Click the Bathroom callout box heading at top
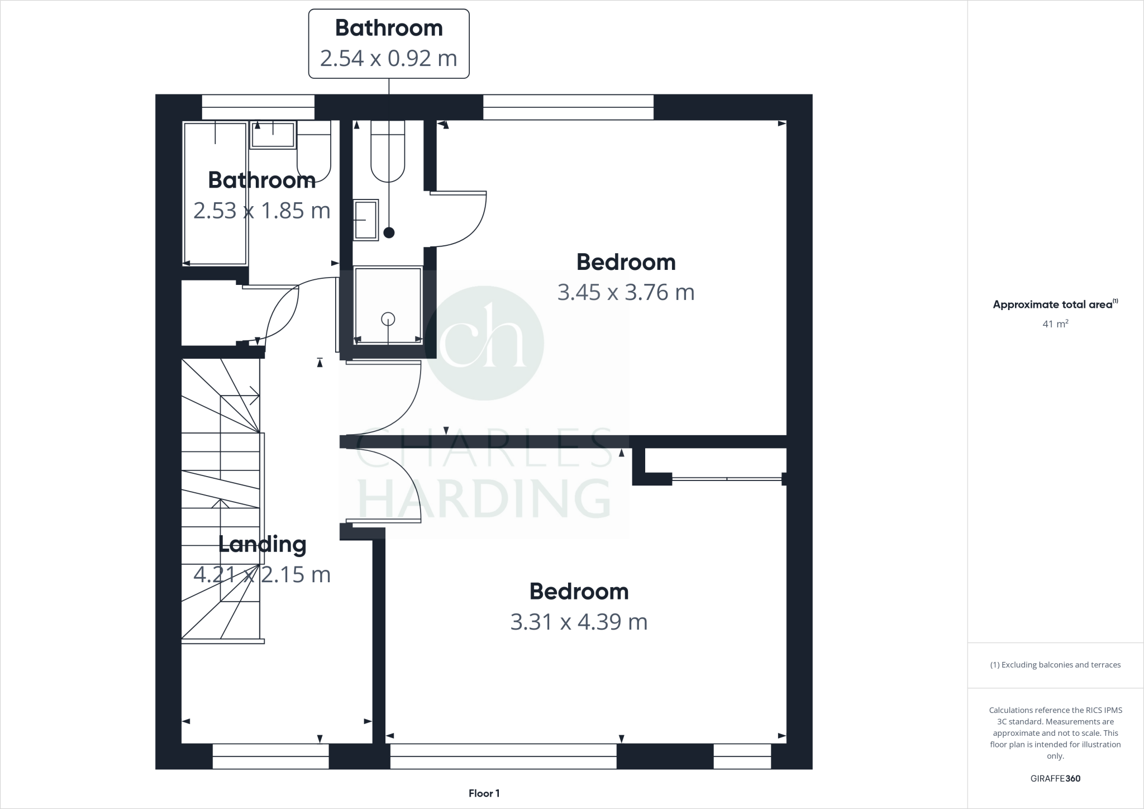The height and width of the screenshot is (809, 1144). (389, 28)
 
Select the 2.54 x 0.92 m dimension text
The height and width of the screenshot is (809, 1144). (389, 58)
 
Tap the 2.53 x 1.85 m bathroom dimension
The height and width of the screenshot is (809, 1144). (262, 211)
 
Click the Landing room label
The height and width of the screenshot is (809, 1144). (262, 544)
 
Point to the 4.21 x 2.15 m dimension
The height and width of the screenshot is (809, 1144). (262, 574)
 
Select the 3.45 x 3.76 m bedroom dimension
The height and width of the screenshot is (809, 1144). (626, 292)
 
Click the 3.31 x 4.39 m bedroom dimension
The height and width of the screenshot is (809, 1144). (579, 622)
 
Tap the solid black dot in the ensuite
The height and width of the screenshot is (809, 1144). (389, 232)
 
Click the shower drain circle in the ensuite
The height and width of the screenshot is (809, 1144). (388, 319)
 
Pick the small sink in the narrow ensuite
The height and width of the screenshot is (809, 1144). (365, 220)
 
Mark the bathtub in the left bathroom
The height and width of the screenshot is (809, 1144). (215, 193)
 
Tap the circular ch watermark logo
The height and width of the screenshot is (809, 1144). (484, 342)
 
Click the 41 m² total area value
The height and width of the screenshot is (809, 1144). (1055, 323)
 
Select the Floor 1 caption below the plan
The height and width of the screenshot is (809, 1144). (484, 793)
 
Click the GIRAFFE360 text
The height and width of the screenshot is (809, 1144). (1055, 778)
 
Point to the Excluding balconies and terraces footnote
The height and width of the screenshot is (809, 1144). (1055, 665)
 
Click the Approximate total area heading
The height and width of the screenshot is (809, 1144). (1053, 304)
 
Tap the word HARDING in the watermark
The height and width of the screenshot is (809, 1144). (485, 498)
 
